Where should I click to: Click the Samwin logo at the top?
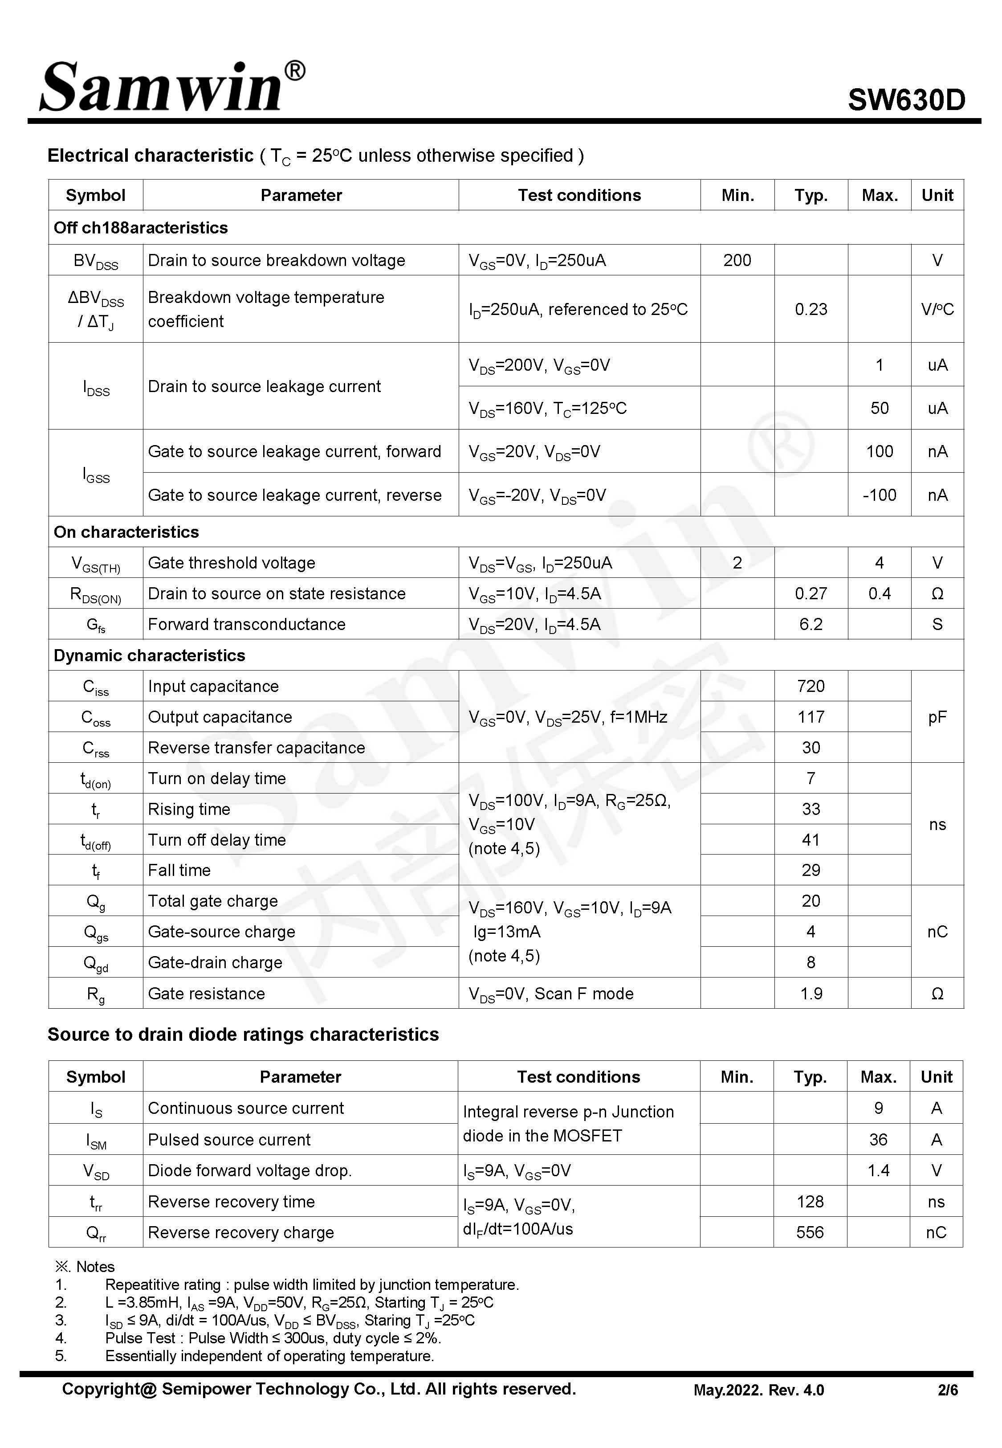point(171,87)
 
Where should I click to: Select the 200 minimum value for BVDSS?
point(737,261)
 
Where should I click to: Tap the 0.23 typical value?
point(811,310)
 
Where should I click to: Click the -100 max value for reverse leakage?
point(879,495)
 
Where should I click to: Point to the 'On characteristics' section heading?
point(126,532)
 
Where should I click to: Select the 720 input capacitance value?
point(811,686)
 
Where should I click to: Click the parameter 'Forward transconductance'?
point(247,624)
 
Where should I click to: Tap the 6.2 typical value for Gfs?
point(811,624)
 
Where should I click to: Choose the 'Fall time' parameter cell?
point(179,870)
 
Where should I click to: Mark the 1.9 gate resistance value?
point(811,994)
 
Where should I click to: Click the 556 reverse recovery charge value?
point(810,1232)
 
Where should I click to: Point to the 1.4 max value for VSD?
point(878,1170)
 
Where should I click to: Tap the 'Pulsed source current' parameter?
point(229,1140)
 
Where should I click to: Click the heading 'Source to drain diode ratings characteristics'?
point(243,1034)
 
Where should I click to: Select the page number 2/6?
point(947,1390)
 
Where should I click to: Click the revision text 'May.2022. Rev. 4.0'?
point(758,1390)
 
